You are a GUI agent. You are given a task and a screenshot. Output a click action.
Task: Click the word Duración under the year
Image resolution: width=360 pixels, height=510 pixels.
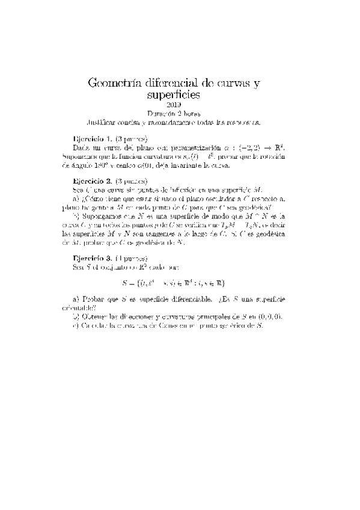(162, 112)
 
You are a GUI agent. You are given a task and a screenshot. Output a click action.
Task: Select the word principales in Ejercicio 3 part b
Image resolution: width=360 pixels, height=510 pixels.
(214, 316)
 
